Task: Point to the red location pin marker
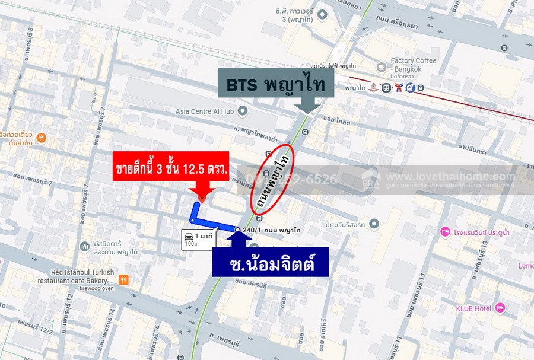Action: pos(202,196)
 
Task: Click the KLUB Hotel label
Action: pos(472,308)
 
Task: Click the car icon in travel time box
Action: pos(189,236)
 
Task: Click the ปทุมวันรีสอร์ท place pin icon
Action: pos(374,224)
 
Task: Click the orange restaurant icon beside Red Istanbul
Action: pos(123,279)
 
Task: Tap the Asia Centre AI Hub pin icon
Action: pos(242,111)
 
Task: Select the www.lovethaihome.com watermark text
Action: pos(451,177)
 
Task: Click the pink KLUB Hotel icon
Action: pos(500,307)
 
